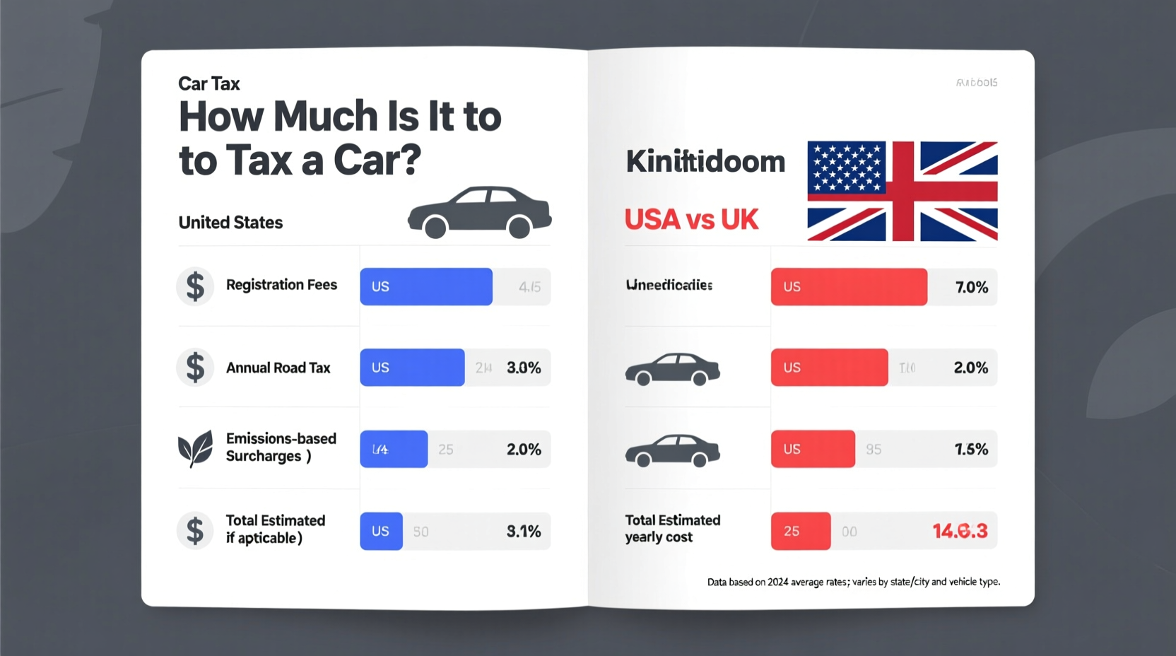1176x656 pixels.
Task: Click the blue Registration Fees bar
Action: (x=425, y=286)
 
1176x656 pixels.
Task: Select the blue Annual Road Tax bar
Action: (x=412, y=367)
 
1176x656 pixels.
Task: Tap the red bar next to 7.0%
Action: (x=848, y=286)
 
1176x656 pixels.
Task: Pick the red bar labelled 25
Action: (x=800, y=531)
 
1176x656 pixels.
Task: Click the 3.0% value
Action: (x=524, y=368)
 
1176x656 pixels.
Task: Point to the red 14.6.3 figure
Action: (x=959, y=531)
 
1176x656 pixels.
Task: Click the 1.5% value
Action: (x=971, y=449)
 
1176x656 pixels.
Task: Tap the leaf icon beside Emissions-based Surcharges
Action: (x=195, y=448)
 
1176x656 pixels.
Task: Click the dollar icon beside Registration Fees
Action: (x=195, y=286)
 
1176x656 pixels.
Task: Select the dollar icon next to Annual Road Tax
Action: (x=195, y=368)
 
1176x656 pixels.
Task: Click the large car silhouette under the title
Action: (x=479, y=211)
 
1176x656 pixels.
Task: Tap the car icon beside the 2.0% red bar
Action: (x=672, y=369)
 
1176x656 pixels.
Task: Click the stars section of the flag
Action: (x=847, y=168)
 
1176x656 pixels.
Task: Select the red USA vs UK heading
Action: (x=691, y=220)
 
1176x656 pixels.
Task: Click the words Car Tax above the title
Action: (x=209, y=83)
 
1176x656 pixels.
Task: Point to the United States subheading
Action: (x=230, y=223)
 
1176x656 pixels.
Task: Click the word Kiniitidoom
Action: (x=705, y=162)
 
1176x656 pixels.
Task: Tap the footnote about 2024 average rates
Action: (x=853, y=582)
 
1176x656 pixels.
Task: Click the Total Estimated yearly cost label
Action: (x=672, y=528)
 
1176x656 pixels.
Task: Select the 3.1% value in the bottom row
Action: (x=524, y=531)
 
